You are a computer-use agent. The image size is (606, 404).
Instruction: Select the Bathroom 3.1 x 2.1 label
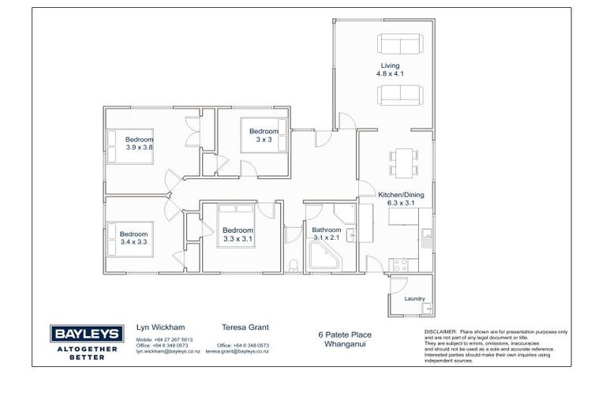(x=327, y=234)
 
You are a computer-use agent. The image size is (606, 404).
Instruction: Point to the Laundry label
(x=414, y=299)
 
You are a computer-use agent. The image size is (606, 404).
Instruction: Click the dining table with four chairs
(x=403, y=163)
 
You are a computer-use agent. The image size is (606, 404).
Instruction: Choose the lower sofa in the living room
(x=402, y=95)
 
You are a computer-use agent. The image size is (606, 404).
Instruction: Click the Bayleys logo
(x=84, y=340)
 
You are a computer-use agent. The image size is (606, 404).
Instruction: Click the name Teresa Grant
(x=245, y=327)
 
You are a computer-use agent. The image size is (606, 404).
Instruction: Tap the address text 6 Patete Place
(x=340, y=335)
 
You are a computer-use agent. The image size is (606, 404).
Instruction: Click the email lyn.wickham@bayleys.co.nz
(x=164, y=352)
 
